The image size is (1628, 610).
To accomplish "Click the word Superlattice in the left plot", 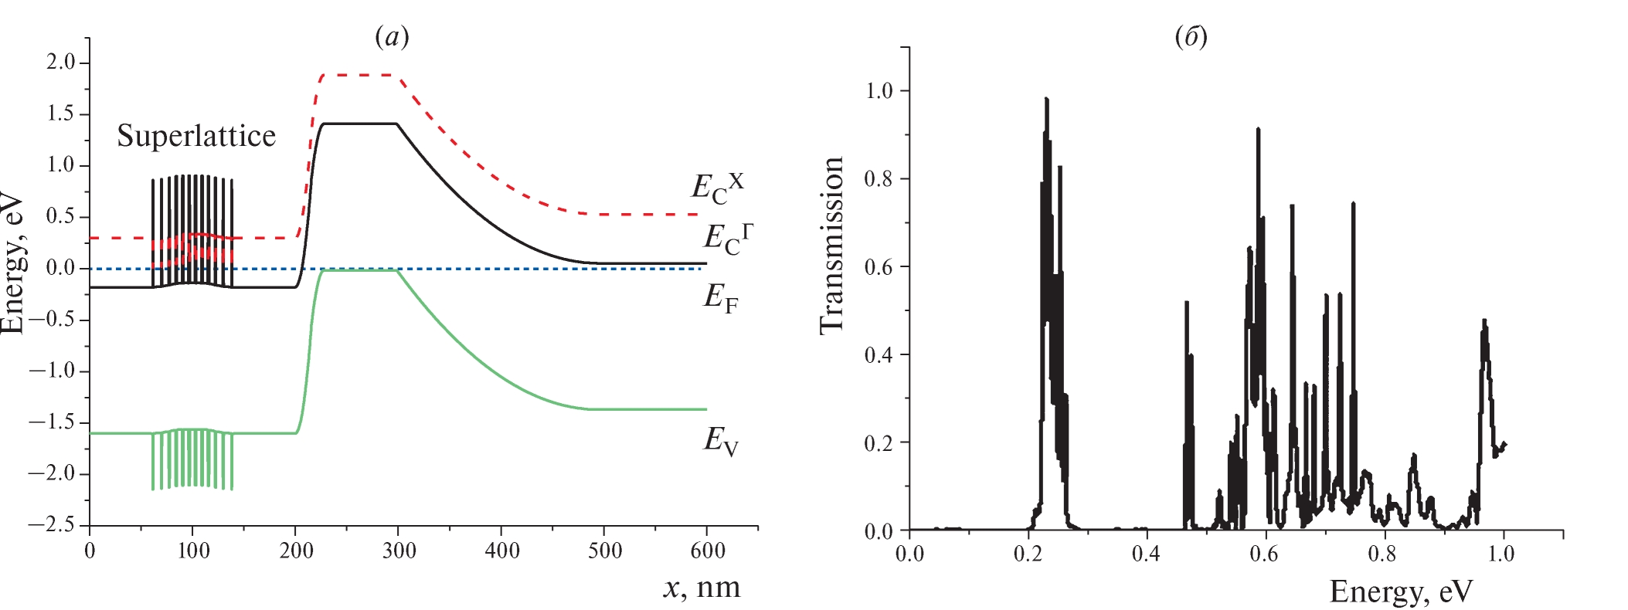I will point(196,137).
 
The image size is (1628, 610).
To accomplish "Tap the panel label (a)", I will point(392,36).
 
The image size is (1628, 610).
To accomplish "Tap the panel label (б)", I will point(1191,36).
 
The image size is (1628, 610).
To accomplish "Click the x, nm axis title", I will point(702,588).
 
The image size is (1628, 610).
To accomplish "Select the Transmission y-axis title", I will point(831,246).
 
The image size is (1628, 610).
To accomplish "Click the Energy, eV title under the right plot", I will point(1401,591).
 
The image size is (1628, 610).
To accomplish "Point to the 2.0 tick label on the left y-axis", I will point(62,63).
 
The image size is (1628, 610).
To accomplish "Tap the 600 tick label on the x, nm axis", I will point(708,551).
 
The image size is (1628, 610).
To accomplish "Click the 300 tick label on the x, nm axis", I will point(399,551).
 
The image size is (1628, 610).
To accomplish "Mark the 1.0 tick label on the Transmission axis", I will point(879,91).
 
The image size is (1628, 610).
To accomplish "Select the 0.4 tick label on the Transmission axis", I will point(879,355).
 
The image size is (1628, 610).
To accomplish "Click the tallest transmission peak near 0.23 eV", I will point(1046,100).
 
